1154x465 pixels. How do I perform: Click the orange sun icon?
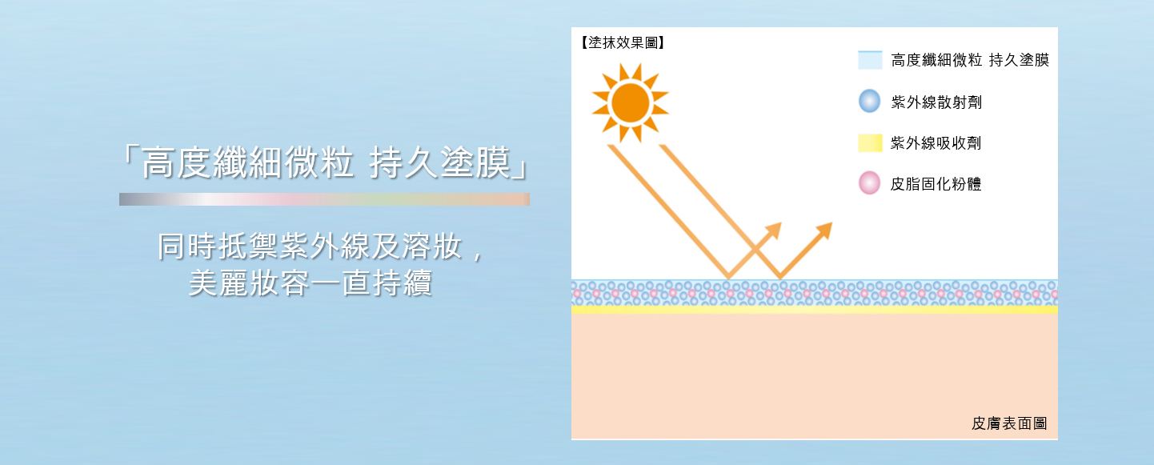(x=630, y=103)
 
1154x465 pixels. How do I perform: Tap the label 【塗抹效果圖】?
(x=623, y=42)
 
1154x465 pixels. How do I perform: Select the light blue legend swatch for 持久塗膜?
(x=870, y=60)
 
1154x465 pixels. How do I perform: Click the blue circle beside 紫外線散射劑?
(x=870, y=101)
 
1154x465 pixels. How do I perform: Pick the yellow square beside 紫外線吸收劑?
(x=870, y=142)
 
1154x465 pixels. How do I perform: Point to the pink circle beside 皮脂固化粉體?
(x=870, y=182)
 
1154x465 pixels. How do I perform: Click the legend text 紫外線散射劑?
(x=936, y=102)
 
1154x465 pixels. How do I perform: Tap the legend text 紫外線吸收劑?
(x=936, y=142)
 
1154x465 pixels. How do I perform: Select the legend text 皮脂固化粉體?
(x=936, y=184)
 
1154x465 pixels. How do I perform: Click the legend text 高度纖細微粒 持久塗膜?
(x=970, y=60)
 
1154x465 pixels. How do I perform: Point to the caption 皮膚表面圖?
(x=1009, y=423)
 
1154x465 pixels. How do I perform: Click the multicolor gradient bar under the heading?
(x=324, y=199)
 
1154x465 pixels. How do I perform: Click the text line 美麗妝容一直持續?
(x=311, y=283)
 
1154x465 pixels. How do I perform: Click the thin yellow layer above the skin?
(x=815, y=310)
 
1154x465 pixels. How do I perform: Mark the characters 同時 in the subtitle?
(x=186, y=247)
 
